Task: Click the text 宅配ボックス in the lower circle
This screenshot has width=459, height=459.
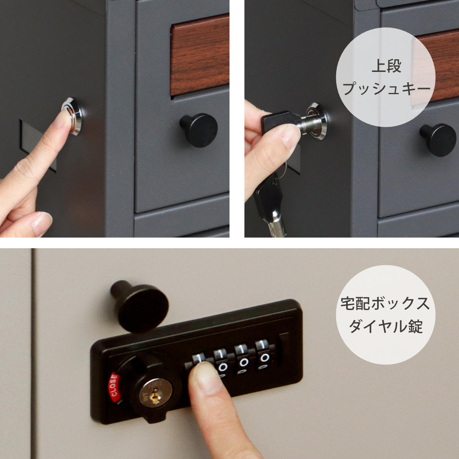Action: pyautogui.click(x=385, y=304)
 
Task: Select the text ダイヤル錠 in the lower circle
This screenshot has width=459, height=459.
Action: pyautogui.click(x=386, y=327)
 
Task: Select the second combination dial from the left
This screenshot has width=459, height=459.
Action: pyautogui.click(x=221, y=361)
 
